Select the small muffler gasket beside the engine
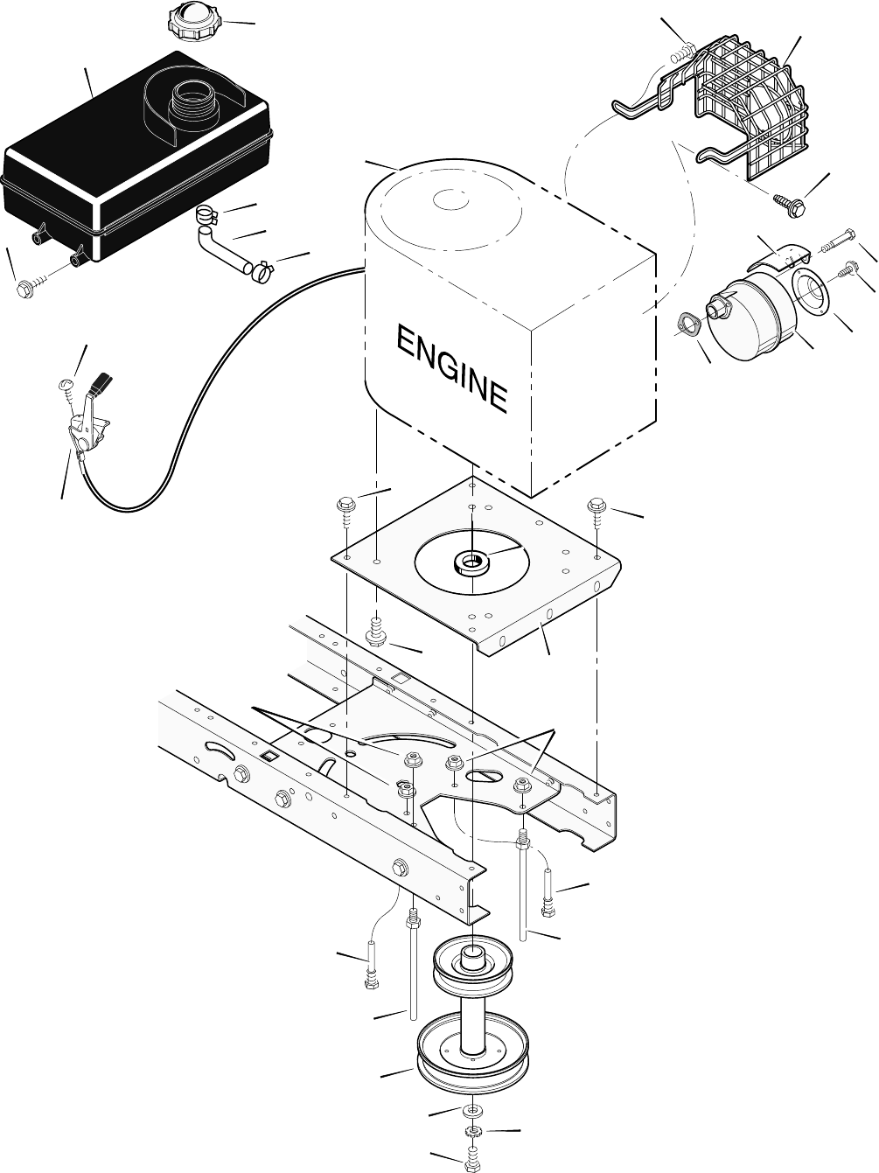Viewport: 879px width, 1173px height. pyautogui.click(x=690, y=325)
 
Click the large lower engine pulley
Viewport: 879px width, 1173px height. pyautogui.click(x=472, y=1051)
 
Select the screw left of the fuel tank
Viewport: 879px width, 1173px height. pyautogui.click(x=25, y=288)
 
